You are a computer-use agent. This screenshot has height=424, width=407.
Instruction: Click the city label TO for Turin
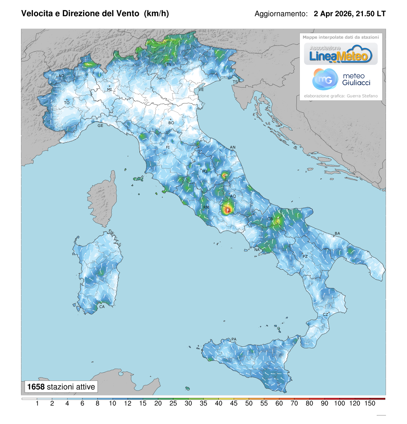(x=67, y=103)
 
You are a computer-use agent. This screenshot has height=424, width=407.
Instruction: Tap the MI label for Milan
(x=110, y=90)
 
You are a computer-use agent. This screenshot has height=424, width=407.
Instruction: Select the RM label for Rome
(x=206, y=207)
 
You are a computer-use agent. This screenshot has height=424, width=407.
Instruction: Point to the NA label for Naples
(x=257, y=250)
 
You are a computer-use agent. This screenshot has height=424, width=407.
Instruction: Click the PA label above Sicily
(x=234, y=339)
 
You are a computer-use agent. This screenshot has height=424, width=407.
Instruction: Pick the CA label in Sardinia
(x=102, y=307)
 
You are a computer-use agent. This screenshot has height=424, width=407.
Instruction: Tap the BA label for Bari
(x=337, y=234)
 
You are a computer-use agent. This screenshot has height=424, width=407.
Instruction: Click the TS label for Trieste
(x=235, y=82)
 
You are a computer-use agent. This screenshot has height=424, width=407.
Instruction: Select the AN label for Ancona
(x=233, y=148)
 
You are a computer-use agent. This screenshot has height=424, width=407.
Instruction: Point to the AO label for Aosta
(x=61, y=76)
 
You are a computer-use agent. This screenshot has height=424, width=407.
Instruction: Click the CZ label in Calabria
(x=326, y=315)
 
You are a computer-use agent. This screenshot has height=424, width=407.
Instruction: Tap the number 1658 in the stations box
(x=36, y=387)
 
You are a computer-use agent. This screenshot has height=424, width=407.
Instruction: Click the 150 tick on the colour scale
(x=370, y=403)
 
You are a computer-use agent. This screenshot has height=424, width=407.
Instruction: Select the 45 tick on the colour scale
(x=234, y=403)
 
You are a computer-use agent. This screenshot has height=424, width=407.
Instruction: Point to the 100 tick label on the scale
(x=340, y=403)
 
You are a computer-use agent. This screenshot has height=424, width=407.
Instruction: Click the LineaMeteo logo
(x=341, y=54)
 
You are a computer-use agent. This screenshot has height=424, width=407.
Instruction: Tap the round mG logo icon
(x=325, y=79)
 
